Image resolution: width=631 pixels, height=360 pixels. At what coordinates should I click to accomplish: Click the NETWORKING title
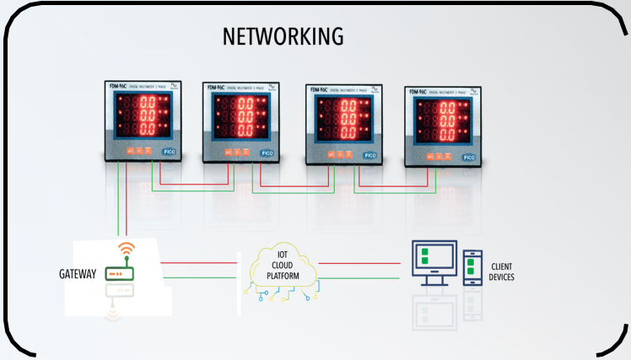[x=283, y=36]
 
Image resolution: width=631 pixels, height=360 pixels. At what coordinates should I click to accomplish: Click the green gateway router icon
[x=120, y=273]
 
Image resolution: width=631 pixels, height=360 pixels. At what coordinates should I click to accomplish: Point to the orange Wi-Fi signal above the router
[x=127, y=250]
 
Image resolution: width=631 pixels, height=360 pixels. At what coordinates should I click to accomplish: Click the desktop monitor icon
[x=433, y=264]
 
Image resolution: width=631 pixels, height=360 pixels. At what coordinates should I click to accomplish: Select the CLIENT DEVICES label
[x=502, y=272]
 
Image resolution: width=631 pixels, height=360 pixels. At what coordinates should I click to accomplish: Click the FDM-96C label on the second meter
[x=214, y=87]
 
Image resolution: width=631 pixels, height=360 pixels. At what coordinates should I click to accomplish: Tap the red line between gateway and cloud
[x=203, y=262]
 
